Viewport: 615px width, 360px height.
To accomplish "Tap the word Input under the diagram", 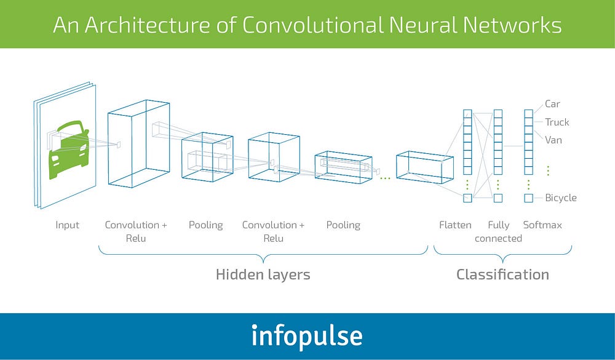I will pyautogui.click(x=67, y=225).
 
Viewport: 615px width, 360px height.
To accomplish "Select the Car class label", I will pyautogui.click(x=552, y=104).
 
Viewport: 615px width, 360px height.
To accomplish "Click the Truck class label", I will pyautogui.click(x=557, y=122).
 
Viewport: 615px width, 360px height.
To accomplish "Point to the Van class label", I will pyautogui.click(x=553, y=140).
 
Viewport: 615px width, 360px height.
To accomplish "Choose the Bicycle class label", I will pyautogui.click(x=561, y=198).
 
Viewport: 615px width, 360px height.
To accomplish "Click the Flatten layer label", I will pyautogui.click(x=455, y=225).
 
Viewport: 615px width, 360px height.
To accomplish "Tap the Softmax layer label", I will pyautogui.click(x=542, y=225).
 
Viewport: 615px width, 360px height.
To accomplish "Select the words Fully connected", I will pyautogui.click(x=498, y=231).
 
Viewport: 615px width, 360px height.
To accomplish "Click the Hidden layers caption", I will pyautogui.click(x=263, y=274).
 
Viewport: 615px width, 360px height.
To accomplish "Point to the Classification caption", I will pyautogui.click(x=502, y=274).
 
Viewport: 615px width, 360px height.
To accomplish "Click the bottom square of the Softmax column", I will pyautogui.click(x=528, y=198).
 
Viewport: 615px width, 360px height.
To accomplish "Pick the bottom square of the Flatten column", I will pyautogui.click(x=467, y=198).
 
